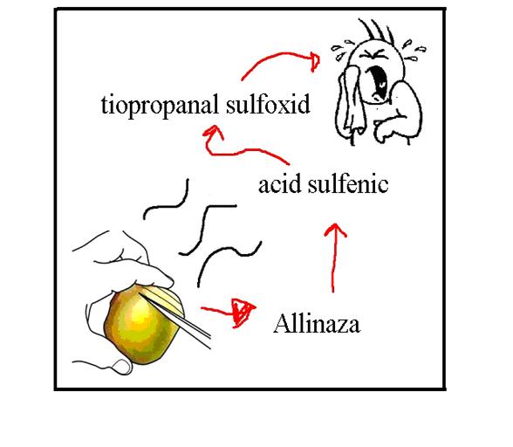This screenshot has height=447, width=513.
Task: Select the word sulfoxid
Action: point(268,104)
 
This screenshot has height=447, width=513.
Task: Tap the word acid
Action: point(279,184)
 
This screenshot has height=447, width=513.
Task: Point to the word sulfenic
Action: point(348,184)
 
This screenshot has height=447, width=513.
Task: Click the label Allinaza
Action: point(317,324)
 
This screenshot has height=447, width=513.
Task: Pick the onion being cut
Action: point(142,324)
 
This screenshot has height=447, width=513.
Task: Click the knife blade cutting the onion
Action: point(176,320)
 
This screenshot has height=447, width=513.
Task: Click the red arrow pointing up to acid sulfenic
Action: point(334,258)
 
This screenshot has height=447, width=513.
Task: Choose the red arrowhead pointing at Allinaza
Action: point(243,312)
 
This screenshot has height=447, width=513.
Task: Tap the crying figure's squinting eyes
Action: point(373,54)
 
